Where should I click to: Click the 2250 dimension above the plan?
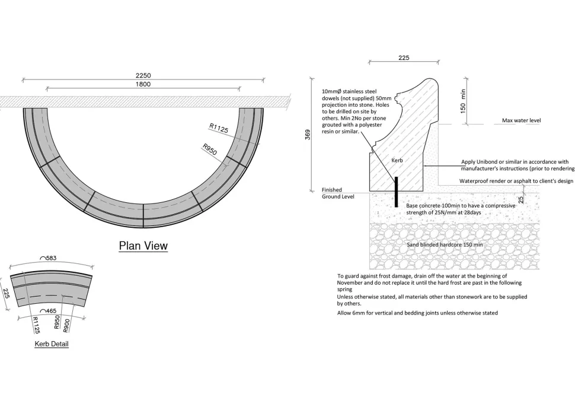pos(143,75)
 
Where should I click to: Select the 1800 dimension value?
pos(143,84)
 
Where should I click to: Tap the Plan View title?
pos(143,246)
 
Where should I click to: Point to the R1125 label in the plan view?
pos(219,128)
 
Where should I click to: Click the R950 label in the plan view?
pos(210,149)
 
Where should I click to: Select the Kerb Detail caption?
pos(52,343)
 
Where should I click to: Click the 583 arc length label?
pos(49,258)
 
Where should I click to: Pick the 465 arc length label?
pos(49,311)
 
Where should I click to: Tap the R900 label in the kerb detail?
pos(66,326)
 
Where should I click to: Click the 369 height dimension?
pos(308,135)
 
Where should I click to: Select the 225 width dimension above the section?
pos(404,58)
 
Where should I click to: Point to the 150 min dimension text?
pos(463,101)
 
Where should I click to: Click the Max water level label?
pos(522,120)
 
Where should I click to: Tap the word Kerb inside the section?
pos(397,160)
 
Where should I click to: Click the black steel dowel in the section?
pos(396,192)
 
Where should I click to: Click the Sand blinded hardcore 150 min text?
pos(445,244)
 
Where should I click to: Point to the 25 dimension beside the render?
pos(521,200)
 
